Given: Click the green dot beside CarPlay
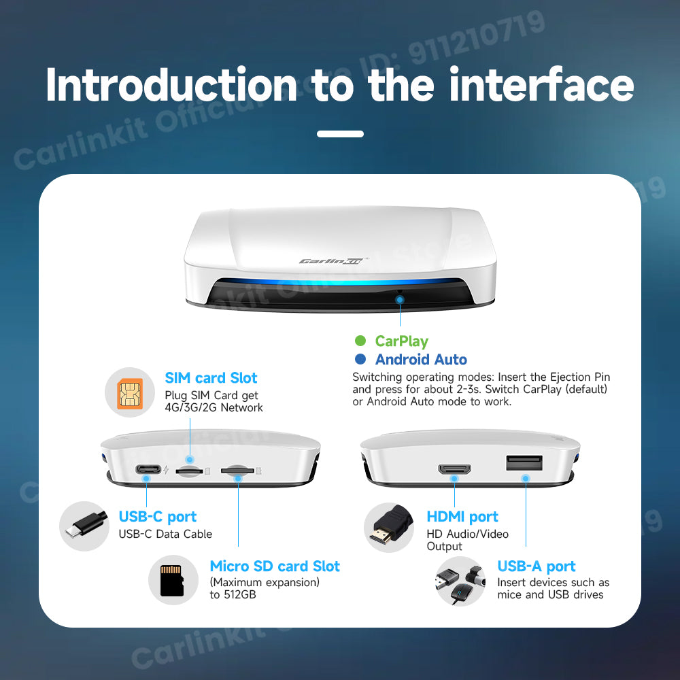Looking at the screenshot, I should (x=360, y=341).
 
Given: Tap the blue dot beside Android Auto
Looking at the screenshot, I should (x=360, y=360).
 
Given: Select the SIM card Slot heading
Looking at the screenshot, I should (x=211, y=378).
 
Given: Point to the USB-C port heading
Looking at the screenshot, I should (x=158, y=517).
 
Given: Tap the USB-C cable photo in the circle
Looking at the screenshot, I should (x=84, y=526).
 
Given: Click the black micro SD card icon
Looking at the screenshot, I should (x=173, y=580).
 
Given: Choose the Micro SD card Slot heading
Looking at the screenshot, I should (x=275, y=566).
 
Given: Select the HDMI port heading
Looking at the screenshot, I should (x=462, y=517).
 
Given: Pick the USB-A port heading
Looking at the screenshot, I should (x=537, y=566).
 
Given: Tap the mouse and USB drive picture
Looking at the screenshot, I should (x=460, y=581).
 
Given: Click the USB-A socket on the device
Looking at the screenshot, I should (x=524, y=463).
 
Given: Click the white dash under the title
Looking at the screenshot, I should (x=340, y=134).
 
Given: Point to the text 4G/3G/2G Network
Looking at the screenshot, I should (x=214, y=408).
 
